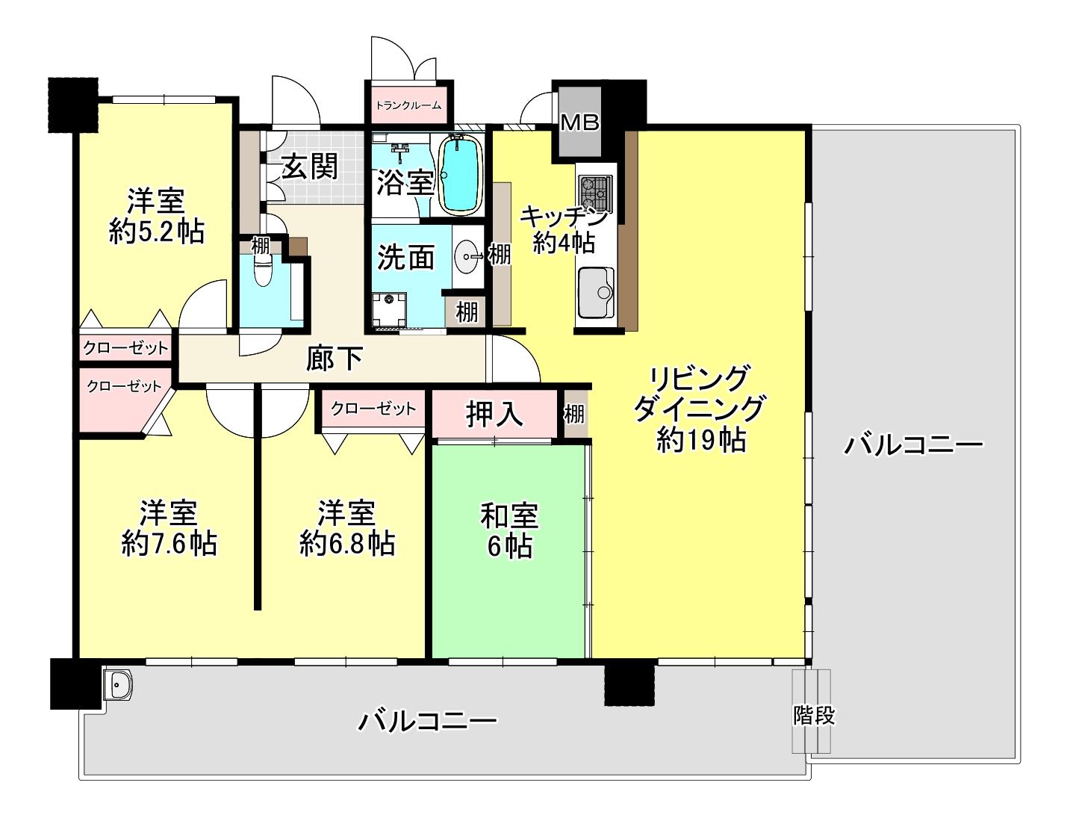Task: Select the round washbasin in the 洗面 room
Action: (467, 255)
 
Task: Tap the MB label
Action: (579, 123)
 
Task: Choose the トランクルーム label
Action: (408, 105)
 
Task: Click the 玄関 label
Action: (310, 167)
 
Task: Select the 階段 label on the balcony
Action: (814, 716)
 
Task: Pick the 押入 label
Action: (494, 414)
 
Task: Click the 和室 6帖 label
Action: (509, 531)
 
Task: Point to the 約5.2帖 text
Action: (157, 232)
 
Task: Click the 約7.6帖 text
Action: (169, 543)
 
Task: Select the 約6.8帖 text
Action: (347, 543)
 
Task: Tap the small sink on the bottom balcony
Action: (117, 684)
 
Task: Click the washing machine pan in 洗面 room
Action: (389, 310)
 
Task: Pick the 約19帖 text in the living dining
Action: (701, 441)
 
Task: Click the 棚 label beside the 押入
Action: (574, 415)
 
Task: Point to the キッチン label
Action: (564, 217)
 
